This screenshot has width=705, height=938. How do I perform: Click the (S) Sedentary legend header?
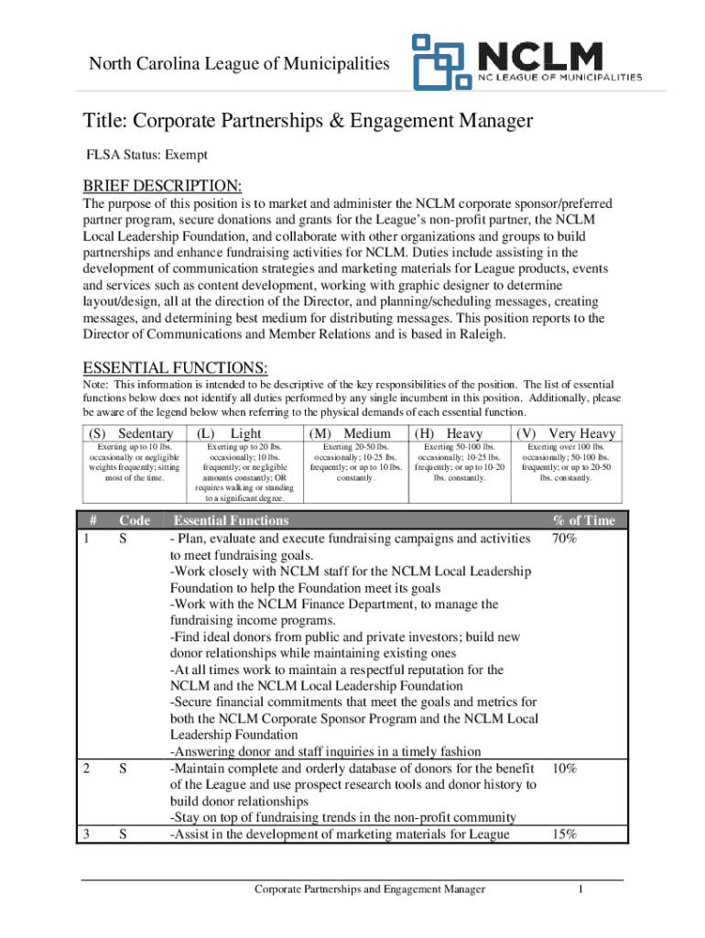[131, 433]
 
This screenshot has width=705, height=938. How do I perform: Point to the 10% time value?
[564, 769]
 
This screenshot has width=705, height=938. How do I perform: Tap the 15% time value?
[564, 834]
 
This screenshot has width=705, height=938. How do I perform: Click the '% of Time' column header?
[583, 520]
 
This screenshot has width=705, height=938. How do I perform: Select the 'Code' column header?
[135, 520]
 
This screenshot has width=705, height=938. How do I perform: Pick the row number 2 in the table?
[86, 769]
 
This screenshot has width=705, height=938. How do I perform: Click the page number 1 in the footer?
[580, 889]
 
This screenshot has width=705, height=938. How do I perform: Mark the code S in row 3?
[123, 834]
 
